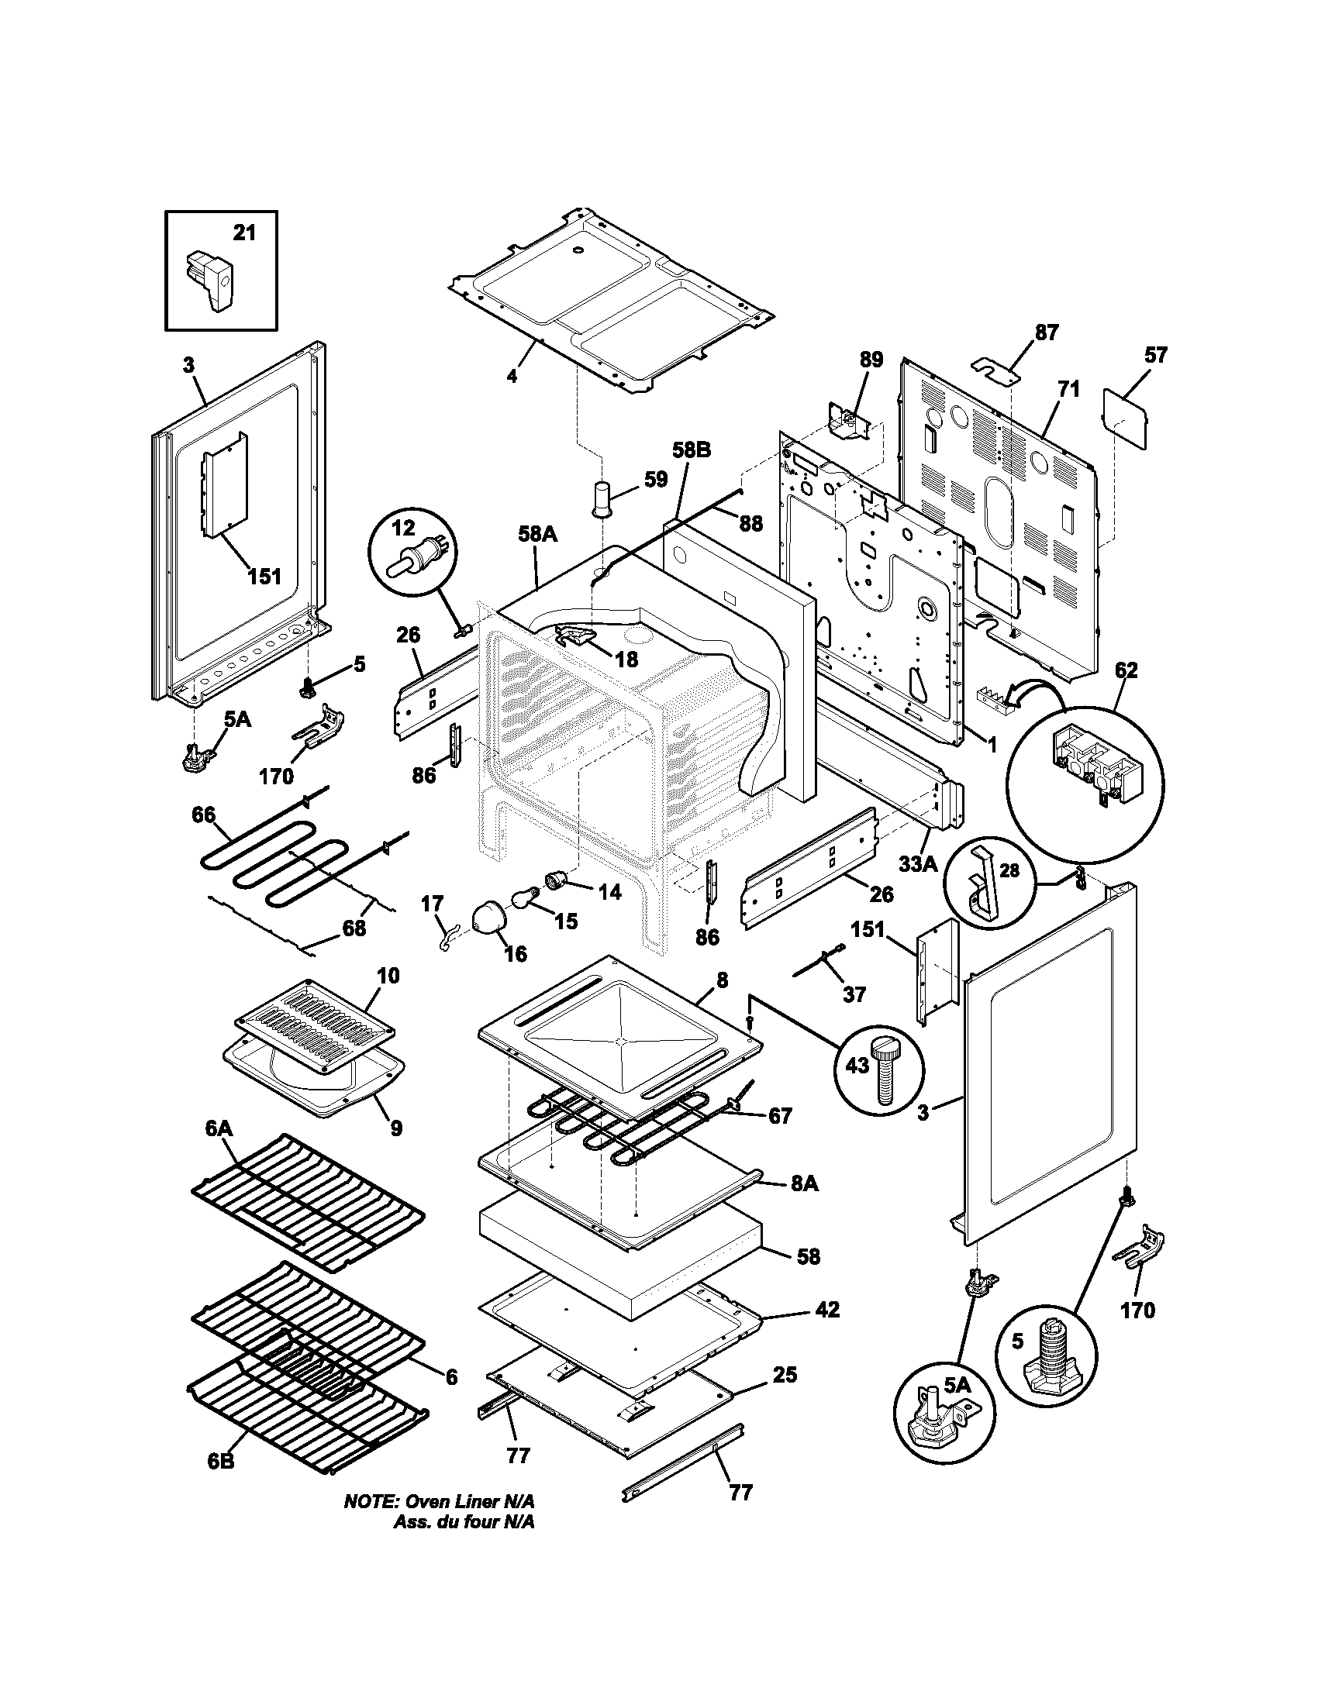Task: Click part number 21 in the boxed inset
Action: [244, 232]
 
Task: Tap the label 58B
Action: [692, 450]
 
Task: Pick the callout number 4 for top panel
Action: [512, 377]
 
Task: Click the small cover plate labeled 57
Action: [1126, 419]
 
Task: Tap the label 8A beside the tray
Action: [804, 1205]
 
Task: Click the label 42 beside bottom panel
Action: [826, 1309]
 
